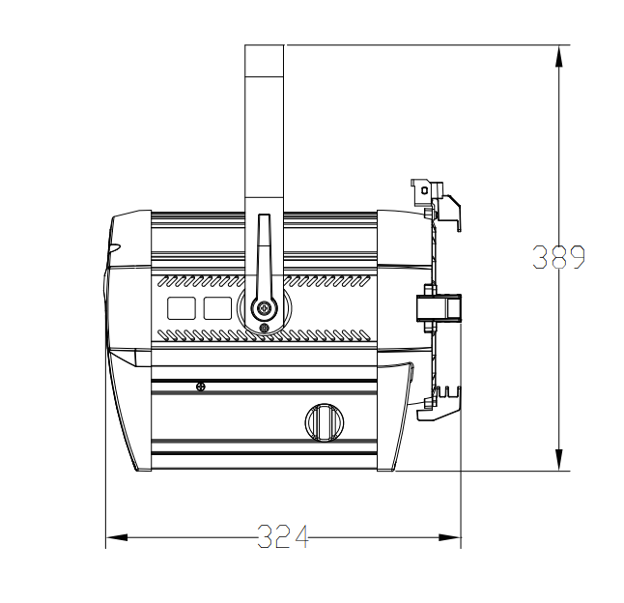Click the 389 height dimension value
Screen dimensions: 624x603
pyautogui.click(x=558, y=257)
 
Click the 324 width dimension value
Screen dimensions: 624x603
pyautogui.click(x=283, y=536)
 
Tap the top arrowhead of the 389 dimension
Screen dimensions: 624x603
pyautogui.click(x=559, y=56)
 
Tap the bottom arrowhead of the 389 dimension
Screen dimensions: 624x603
pyautogui.click(x=559, y=460)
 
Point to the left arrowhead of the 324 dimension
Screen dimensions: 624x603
pyautogui.click(x=117, y=537)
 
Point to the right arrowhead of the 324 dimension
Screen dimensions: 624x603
pyautogui.click(x=449, y=537)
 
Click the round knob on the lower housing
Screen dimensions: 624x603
pyautogui.click(x=325, y=422)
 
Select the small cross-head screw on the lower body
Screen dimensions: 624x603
pyautogui.click(x=201, y=387)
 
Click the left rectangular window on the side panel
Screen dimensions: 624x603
pyautogui.click(x=182, y=308)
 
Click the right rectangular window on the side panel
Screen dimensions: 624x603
pyautogui.click(x=217, y=308)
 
